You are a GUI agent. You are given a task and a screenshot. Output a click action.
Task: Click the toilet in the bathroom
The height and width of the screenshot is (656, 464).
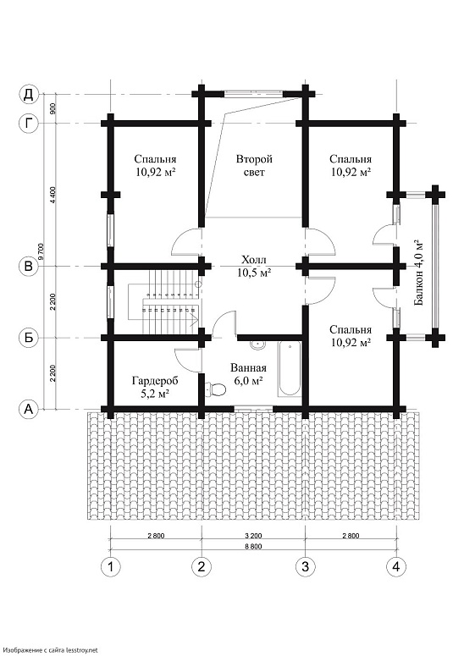(216, 389)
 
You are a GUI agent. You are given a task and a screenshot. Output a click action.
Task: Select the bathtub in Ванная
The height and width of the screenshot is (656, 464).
(290, 368)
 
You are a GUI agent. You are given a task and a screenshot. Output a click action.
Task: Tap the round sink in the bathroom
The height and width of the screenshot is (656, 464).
(257, 345)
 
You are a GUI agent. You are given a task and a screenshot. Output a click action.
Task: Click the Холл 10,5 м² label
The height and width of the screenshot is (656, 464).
(253, 267)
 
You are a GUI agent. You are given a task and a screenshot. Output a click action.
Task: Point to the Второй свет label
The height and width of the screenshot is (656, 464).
(254, 165)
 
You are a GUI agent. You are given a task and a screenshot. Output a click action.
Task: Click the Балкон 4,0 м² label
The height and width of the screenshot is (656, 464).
(418, 273)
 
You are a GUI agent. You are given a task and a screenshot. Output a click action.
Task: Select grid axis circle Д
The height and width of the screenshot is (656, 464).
(29, 94)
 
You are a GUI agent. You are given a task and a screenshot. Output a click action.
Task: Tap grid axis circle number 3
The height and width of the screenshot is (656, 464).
(305, 566)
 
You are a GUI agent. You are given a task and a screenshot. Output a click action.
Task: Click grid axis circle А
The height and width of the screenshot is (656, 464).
(29, 409)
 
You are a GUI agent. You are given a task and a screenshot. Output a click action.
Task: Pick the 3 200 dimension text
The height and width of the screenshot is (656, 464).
(252, 536)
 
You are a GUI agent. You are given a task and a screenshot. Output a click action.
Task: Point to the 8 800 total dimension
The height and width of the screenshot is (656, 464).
(252, 547)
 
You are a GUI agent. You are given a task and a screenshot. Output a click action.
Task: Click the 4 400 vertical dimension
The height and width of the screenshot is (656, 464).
(52, 195)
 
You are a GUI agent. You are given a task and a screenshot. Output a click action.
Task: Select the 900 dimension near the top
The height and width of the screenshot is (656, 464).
(52, 109)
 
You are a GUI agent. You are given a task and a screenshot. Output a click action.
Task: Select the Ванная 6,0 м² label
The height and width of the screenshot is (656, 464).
(248, 374)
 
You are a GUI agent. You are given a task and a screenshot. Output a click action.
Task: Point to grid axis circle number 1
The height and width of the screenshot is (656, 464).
(110, 566)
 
